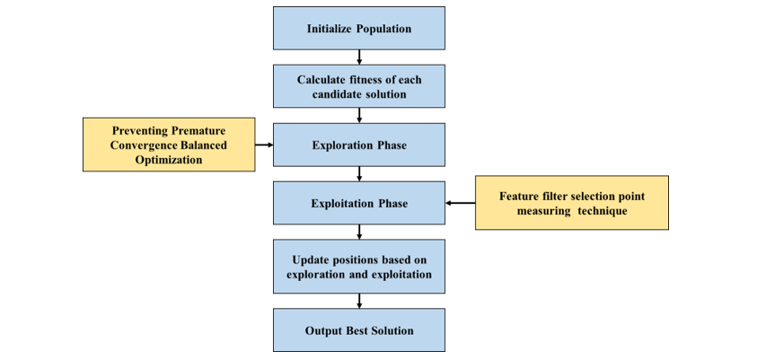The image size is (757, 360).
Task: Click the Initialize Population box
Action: click(358, 28)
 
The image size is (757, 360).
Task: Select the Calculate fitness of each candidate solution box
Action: click(358, 86)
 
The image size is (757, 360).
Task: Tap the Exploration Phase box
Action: click(358, 145)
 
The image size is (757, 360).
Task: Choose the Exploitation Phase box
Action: click(358, 203)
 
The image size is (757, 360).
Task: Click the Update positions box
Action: click(358, 267)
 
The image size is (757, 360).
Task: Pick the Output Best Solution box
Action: click(358, 330)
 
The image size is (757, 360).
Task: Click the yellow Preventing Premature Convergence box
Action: click(169, 145)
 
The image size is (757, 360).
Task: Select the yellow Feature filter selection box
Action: click(571, 203)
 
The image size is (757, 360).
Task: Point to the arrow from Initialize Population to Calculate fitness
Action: click(359, 57)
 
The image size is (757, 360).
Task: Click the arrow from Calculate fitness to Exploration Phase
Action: click(359, 115)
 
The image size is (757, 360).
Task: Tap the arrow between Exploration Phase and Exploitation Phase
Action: click(359, 173)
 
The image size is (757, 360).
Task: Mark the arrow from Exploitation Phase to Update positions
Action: click(359, 232)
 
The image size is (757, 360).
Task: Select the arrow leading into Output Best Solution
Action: click(359, 301)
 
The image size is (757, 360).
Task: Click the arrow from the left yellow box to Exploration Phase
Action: click(264, 144)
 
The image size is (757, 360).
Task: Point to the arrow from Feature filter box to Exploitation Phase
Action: click(460, 203)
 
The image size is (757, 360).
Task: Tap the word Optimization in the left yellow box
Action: click(169, 160)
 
